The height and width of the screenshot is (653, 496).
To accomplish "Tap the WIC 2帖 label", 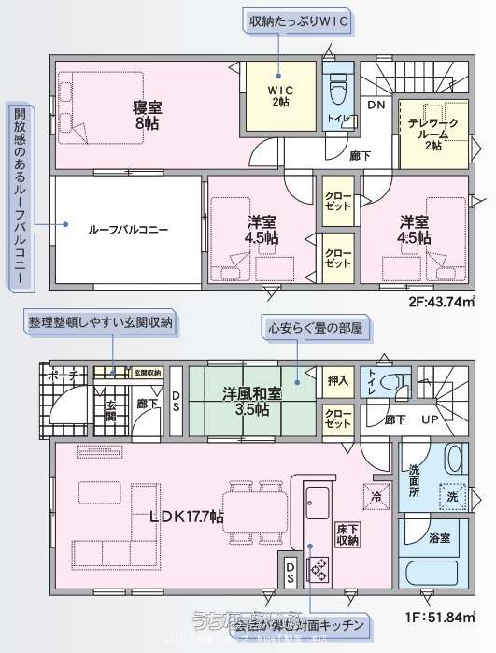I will point(279,95).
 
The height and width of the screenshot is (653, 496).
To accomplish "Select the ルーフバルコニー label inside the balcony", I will point(129,228).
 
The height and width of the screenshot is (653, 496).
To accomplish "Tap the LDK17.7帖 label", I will point(187,515).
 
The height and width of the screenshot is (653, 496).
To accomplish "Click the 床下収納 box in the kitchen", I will point(348,535).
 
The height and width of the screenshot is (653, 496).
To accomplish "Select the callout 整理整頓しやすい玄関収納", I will point(100,320).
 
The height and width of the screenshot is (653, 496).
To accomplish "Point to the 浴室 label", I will point(440,538).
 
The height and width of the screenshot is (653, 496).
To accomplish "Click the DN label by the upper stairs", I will point(375,105).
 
